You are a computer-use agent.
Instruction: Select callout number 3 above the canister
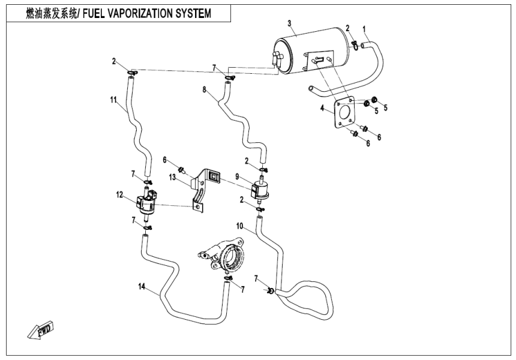pyautogui.click(x=289, y=23)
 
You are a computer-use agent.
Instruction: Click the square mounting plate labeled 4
pyautogui.click(x=346, y=114)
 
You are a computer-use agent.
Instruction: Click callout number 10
pyautogui.click(x=240, y=226)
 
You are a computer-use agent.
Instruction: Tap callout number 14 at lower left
pyautogui.click(x=142, y=287)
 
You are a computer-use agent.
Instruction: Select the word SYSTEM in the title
pyautogui.click(x=189, y=13)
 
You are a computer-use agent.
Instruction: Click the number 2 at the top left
pyautogui.click(x=113, y=61)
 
